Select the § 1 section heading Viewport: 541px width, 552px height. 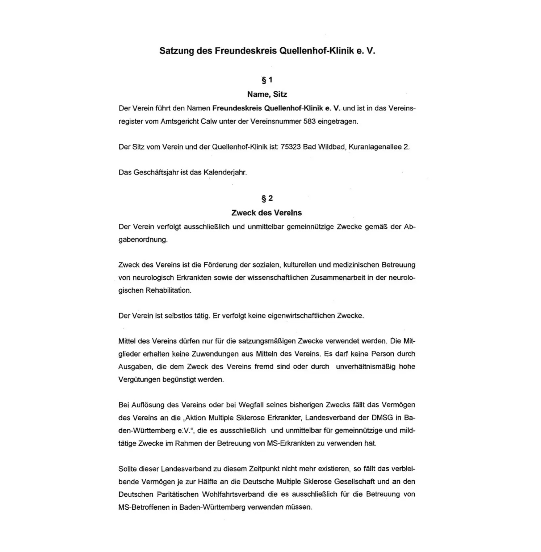click(x=267, y=80)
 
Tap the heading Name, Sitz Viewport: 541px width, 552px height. click(x=267, y=94)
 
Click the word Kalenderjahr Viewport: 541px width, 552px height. click(x=225, y=173)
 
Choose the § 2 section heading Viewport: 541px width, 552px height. click(x=267, y=198)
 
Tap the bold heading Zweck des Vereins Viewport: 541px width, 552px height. click(x=267, y=213)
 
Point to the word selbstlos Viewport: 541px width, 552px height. click(x=180, y=316)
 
